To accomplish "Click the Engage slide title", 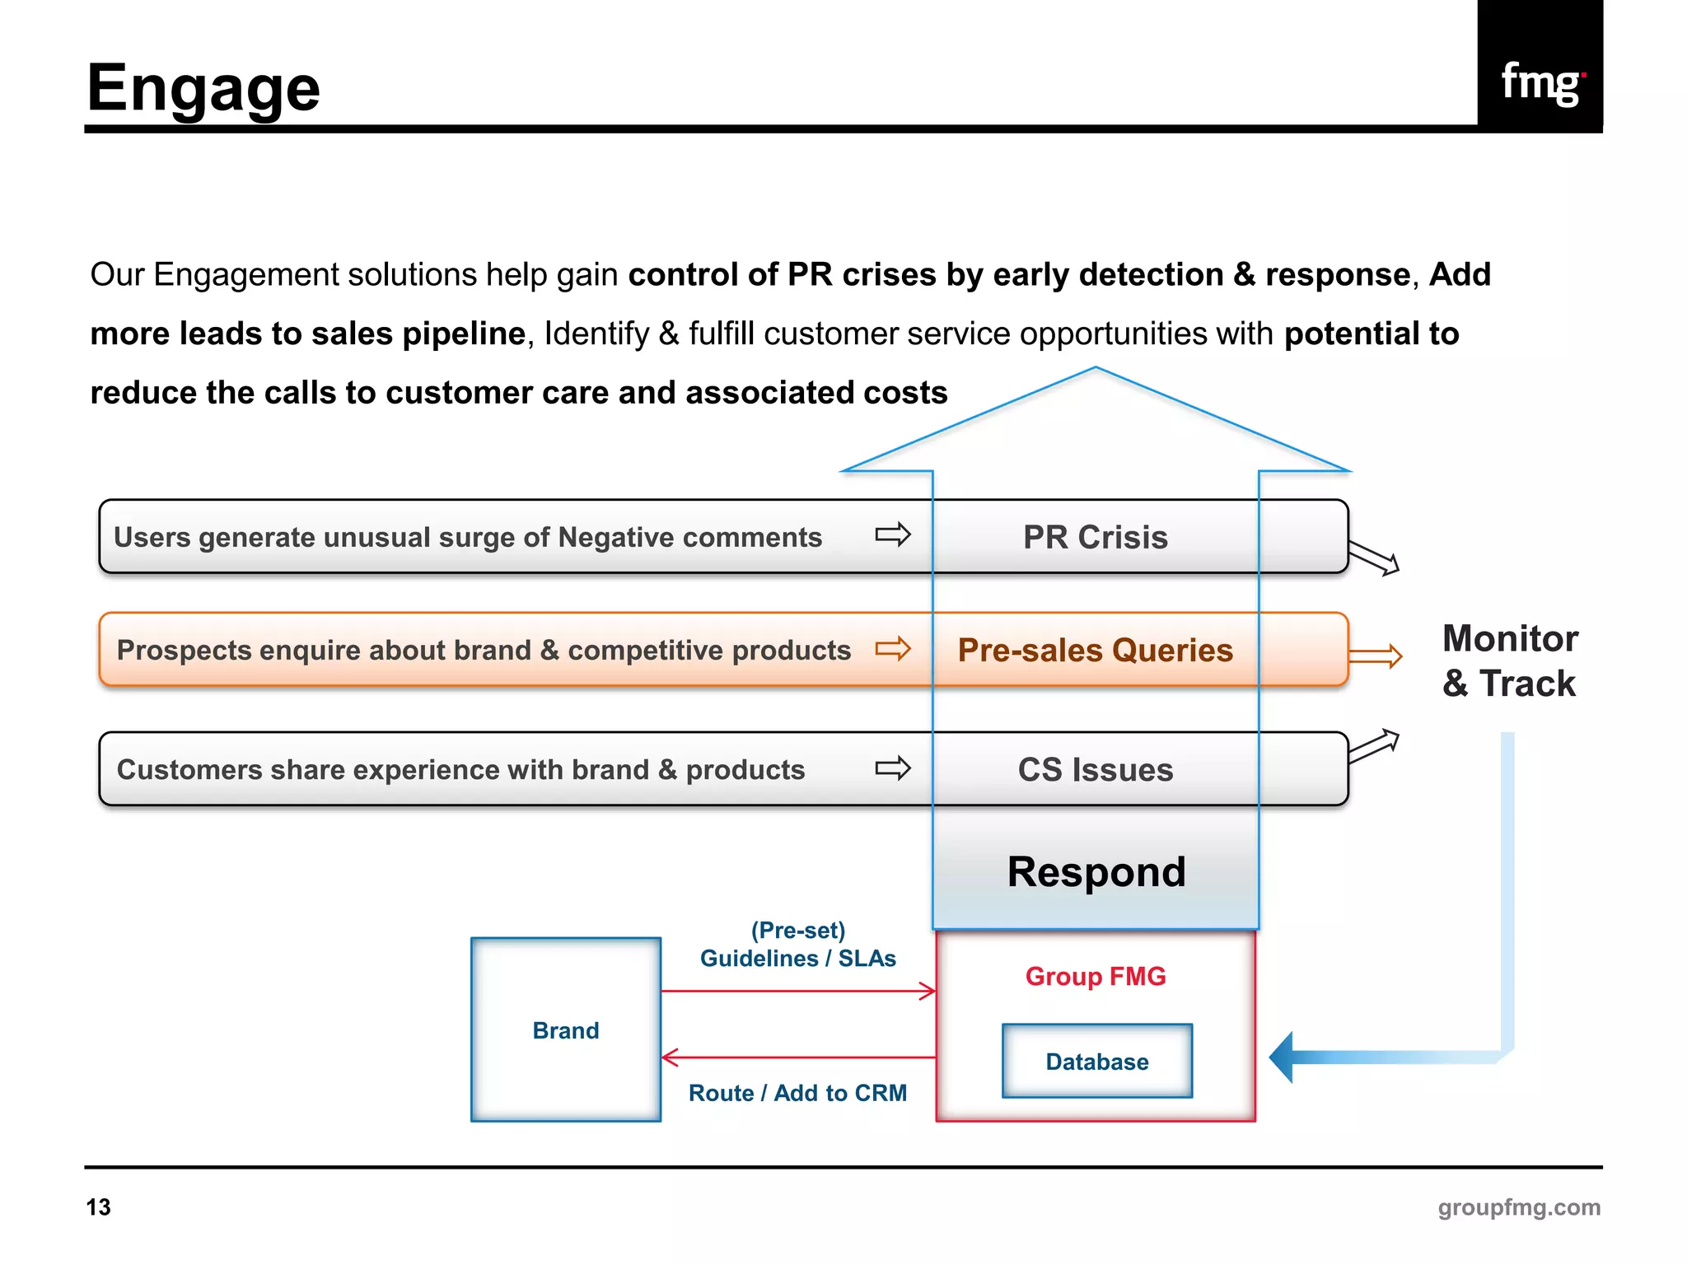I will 203,89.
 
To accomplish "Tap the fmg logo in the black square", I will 1540,82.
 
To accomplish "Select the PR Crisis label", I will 1095,537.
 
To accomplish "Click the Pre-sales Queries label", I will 1095,650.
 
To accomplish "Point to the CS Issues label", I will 1095,769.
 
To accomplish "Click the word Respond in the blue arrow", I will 1096,871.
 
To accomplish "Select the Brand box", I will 566,1029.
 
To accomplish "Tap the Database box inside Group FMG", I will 1096,1061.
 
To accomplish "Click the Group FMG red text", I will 1095,976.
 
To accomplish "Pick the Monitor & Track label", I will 1509,661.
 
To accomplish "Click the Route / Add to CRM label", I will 797,1093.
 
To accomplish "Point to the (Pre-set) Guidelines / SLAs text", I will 797,945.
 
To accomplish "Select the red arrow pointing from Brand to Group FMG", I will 797,991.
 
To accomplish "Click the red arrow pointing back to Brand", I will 797,1057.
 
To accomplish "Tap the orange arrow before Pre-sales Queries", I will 893,649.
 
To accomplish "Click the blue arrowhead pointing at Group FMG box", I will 1283,1057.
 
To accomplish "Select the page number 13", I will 98,1207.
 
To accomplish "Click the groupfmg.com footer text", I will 1518,1207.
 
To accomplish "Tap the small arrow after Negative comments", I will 893,534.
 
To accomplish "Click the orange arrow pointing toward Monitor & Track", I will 1375,656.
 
